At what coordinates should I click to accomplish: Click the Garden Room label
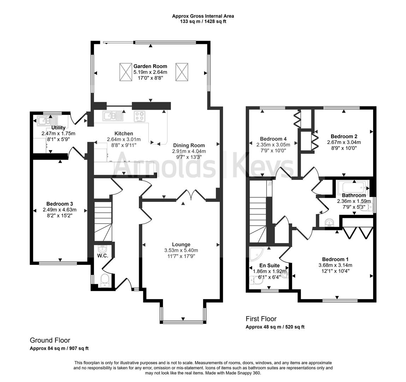pos(150,66)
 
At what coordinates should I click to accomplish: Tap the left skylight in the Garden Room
pos(125,72)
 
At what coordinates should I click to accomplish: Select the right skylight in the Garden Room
pos(181,72)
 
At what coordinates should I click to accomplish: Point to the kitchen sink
pos(113,116)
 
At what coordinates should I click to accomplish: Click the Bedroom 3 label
pos(60,204)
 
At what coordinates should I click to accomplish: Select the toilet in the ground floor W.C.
pos(105,280)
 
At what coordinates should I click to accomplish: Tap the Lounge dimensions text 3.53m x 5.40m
pos(181,250)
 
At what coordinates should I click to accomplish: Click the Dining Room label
pos(189,145)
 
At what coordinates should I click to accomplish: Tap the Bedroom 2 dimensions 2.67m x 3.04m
pos(344,142)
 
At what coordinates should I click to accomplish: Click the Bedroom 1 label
pos(335,259)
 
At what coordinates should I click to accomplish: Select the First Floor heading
pos(261,319)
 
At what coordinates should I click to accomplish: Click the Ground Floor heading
pos(50,340)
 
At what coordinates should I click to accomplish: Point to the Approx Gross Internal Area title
pos(203,16)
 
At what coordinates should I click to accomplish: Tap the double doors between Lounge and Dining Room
pos(191,195)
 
